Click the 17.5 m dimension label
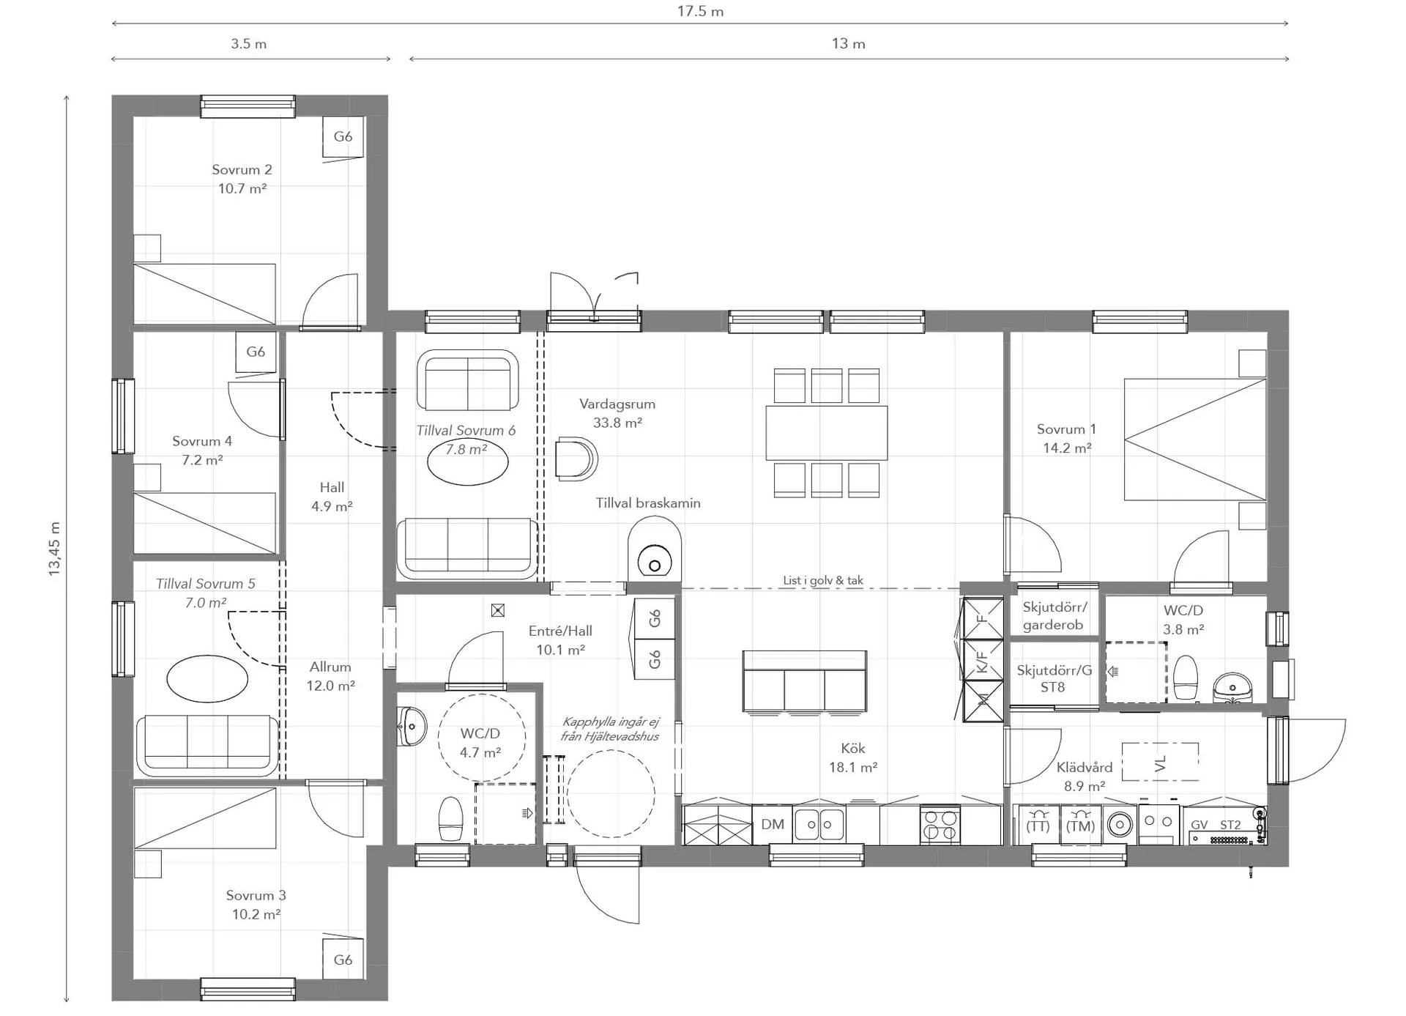pos(700,11)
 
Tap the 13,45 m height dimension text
pos(54,549)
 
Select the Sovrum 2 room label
pos(242,169)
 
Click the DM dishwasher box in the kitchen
pos(772,825)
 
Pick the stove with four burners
pos(940,826)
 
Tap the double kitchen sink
pos(819,825)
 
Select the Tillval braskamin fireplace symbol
pos(655,549)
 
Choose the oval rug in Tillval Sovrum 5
pos(207,679)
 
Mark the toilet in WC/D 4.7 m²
pos(450,819)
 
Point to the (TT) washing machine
pos(1038,825)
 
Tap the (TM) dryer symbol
pos(1080,825)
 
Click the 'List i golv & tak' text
pos(823,580)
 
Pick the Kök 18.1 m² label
pos(853,757)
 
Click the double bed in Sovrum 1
pos(1195,440)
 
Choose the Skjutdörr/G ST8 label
pos(1054,678)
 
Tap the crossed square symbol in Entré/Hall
pos(498,610)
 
